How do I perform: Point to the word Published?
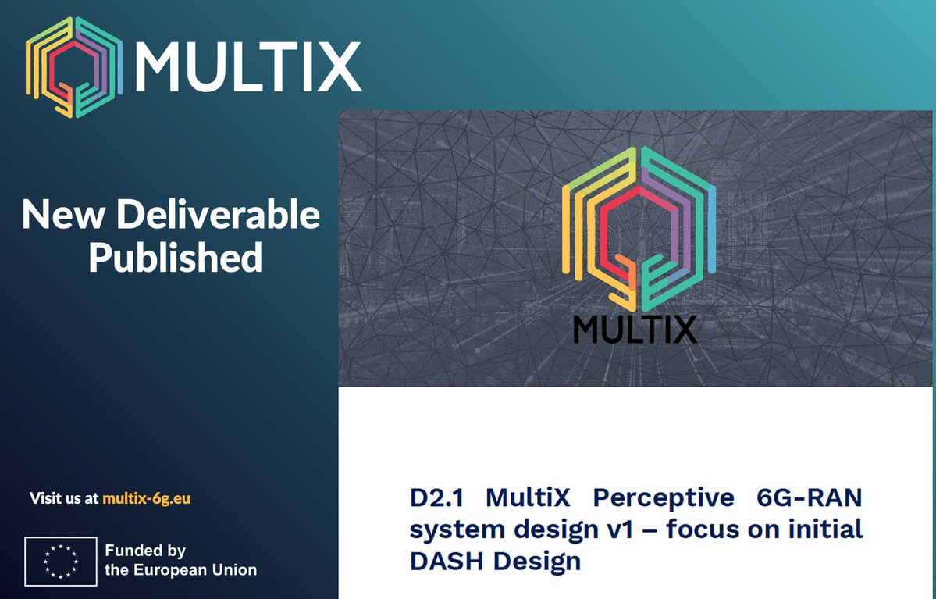pyautogui.click(x=175, y=258)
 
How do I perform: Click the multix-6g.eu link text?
pyautogui.click(x=146, y=498)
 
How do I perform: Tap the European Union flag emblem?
pyautogui.click(x=60, y=561)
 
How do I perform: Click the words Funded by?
pyautogui.click(x=145, y=551)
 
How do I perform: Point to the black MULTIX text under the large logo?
pyautogui.click(x=635, y=330)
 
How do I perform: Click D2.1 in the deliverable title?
pyautogui.click(x=436, y=497)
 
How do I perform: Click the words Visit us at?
pyautogui.click(x=64, y=498)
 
